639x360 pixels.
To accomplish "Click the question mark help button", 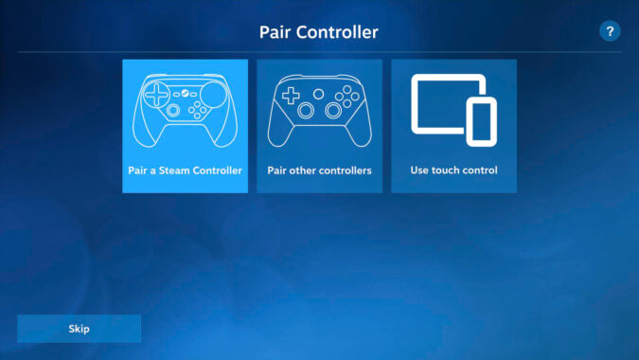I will [611, 31].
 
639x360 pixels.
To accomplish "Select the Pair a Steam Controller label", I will [185, 171].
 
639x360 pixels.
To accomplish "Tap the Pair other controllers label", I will [319, 171].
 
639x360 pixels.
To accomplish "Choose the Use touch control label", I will [453, 171].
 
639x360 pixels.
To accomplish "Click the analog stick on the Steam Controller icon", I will [172, 111].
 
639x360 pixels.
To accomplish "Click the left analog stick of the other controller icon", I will [307, 110].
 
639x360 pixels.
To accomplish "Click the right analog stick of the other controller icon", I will [333, 110].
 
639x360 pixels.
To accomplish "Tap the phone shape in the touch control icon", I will [481, 122].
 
